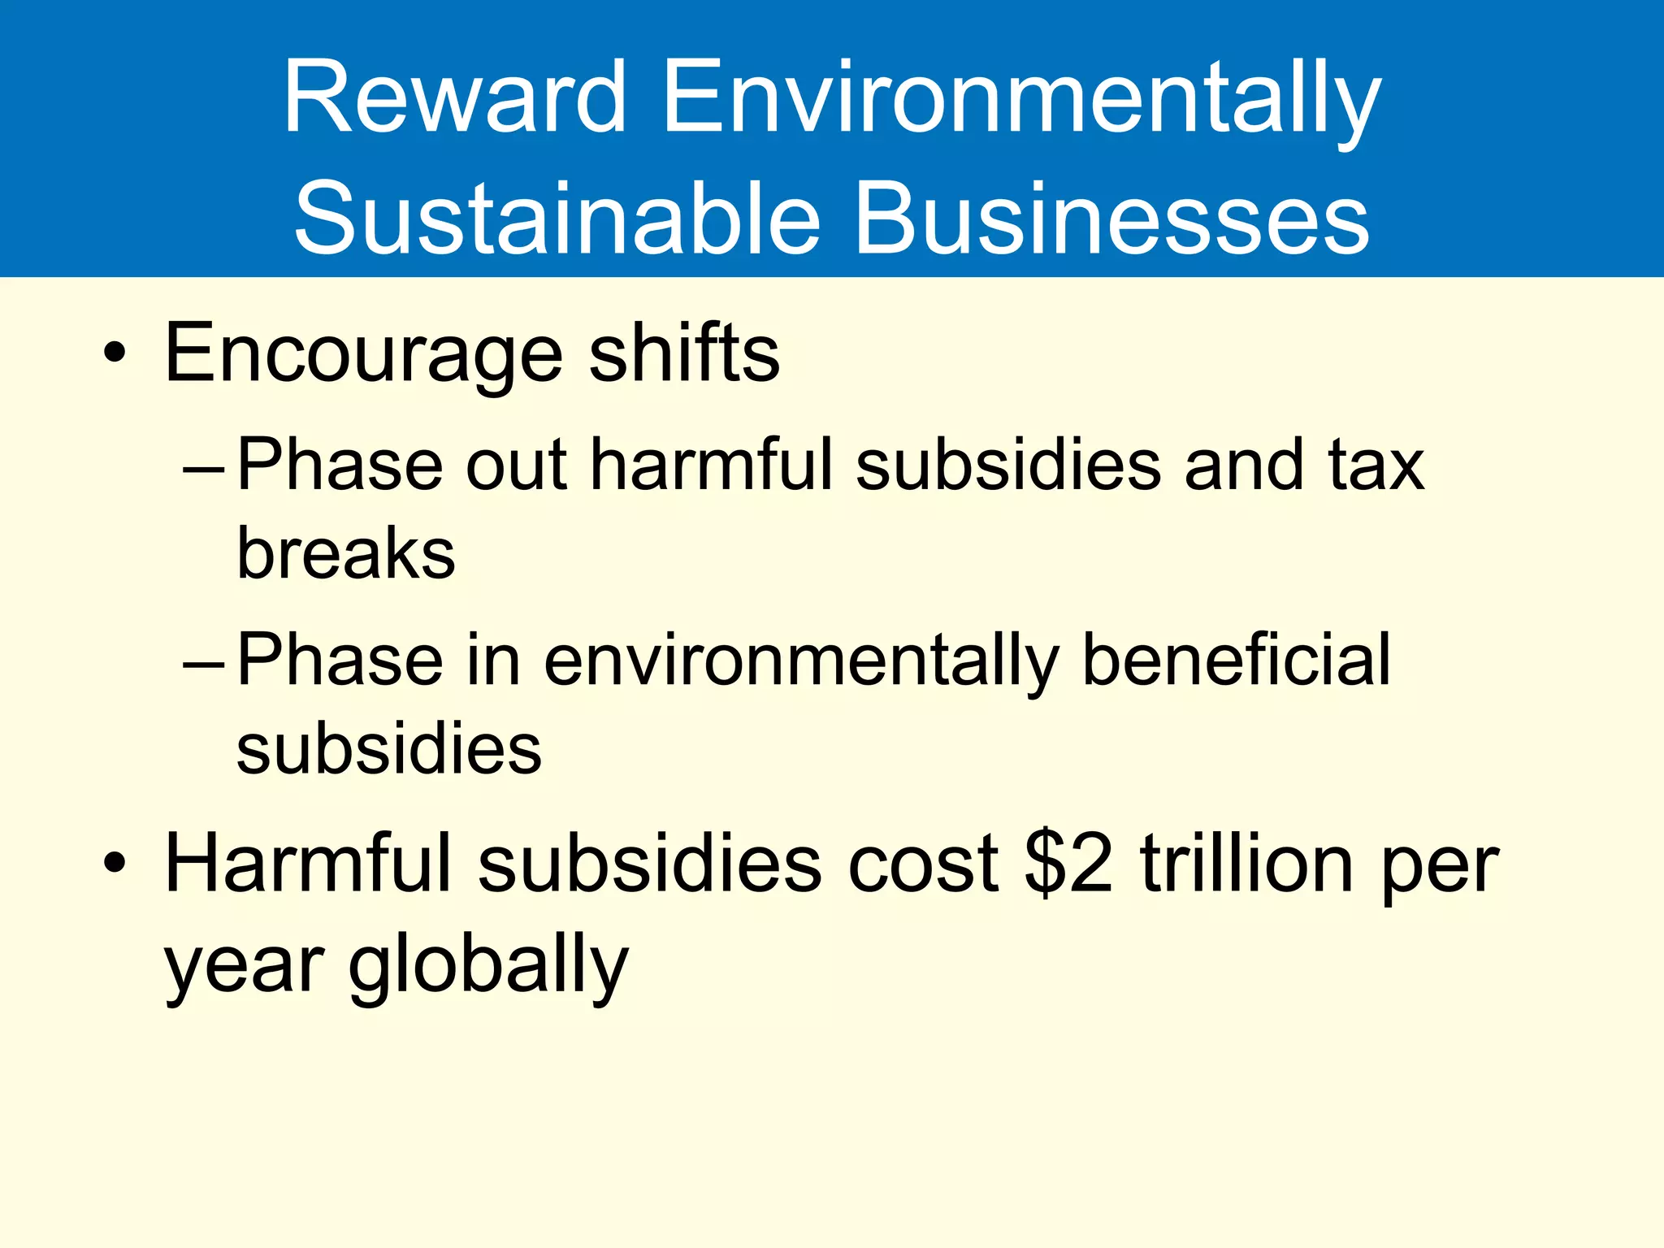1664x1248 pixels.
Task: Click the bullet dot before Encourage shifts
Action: (x=115, y=353)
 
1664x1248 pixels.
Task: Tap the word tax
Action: (x=1376, y=465)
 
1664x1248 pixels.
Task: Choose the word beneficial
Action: (x=1237, y=660)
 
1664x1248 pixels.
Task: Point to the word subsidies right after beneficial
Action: (x=389, y=748)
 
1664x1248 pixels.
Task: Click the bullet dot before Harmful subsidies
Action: (x=115, y=862)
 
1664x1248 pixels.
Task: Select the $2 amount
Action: (x=1068, y=862)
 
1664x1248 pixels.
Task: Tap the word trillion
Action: (x=1246, y=862)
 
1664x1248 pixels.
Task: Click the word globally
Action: (x=488, y=967)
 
